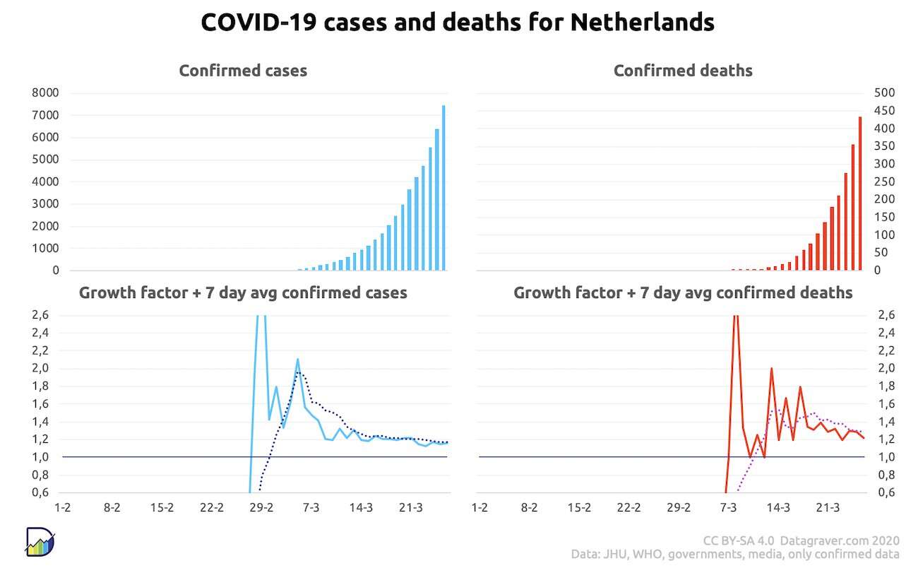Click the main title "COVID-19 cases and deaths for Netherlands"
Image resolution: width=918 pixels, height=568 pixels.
coord(458,22)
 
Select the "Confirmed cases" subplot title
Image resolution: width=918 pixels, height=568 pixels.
coord(243,71)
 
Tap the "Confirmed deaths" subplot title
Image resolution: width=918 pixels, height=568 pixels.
coord(683,71)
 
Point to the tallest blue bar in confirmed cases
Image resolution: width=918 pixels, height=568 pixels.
coord(443,188)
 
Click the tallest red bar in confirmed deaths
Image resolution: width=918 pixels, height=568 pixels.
coord(860,194)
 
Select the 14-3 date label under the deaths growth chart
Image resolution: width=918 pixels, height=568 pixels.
coord(778,507)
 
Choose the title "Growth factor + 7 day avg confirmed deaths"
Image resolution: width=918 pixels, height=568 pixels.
coord(683,292)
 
